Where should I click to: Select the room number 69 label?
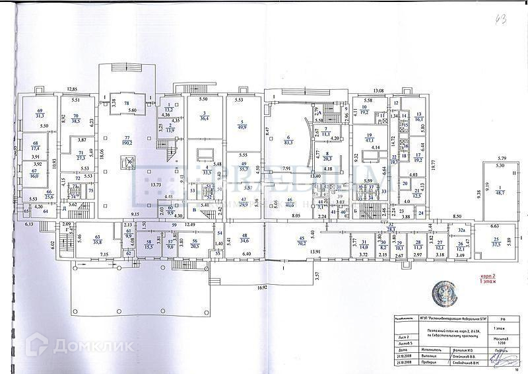tap(40, 111)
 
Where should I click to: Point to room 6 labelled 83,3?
tap(288, 139)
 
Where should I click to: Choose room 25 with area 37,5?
tap(496, 241)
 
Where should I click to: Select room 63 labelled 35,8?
tap(98, 241)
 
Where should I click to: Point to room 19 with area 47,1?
tap(370, 138)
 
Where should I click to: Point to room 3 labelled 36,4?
tap(205, 116)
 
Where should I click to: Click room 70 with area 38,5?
tap(75, 119)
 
